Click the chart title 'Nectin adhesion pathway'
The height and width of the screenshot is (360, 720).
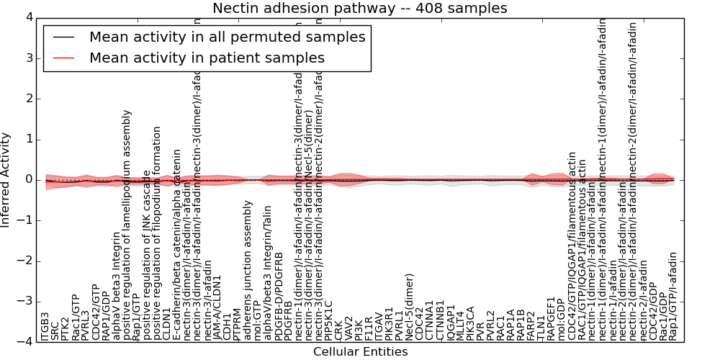(359, 9)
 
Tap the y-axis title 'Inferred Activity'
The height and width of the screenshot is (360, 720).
(6, 180)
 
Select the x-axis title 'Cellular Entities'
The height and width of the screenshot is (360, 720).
(360, 352)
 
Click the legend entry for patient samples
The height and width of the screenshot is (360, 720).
(207, 58)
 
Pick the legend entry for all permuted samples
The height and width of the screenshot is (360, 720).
(227, 37)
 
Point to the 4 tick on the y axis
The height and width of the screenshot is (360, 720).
(29, 17)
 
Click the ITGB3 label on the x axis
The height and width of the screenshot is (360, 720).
(45, 326)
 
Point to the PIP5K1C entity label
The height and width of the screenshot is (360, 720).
(329, 320)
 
